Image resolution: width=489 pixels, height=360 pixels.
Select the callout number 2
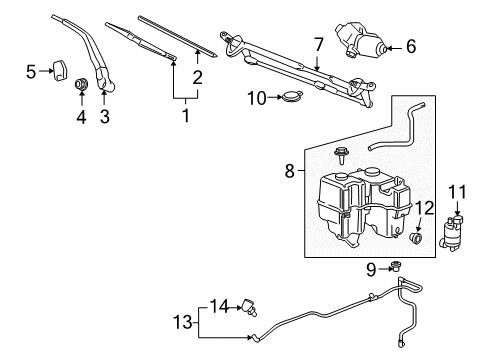pos(197,77)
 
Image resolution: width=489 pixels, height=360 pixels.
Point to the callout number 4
pos(81,117)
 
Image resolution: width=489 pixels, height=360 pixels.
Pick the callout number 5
pos(31,70)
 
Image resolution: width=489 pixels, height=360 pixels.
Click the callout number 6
pos(410,46)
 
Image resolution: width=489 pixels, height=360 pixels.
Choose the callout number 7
pos(318,44)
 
